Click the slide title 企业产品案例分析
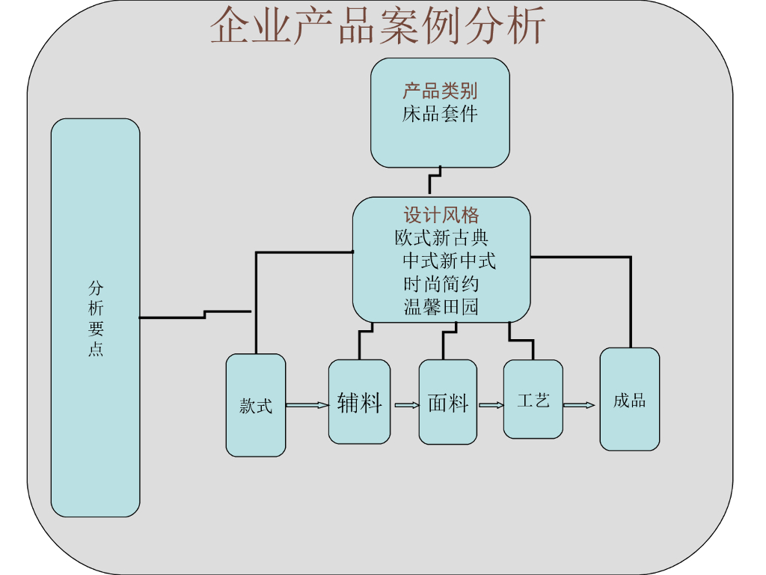[x=378, y=27]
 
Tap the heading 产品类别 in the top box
[x=440, y=91]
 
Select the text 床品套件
[x=440, y=115]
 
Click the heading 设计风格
[x=441, y=216]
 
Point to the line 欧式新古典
[x=441, y=238]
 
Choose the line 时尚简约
[x=441, y=285]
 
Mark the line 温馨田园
[x=441, y=307]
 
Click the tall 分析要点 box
[x=96, y=318]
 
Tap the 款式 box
[x=256, y=406]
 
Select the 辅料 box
[x=359, y=402]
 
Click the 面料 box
[x=447, y=402]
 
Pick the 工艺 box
[x=533, y=400]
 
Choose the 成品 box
[x=630, y=400]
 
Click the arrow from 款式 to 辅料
[x=307, y=406]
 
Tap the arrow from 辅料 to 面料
[x=407, y=406]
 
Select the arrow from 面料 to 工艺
[x=491, y=406]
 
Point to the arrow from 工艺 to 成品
[x=579, y=406]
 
